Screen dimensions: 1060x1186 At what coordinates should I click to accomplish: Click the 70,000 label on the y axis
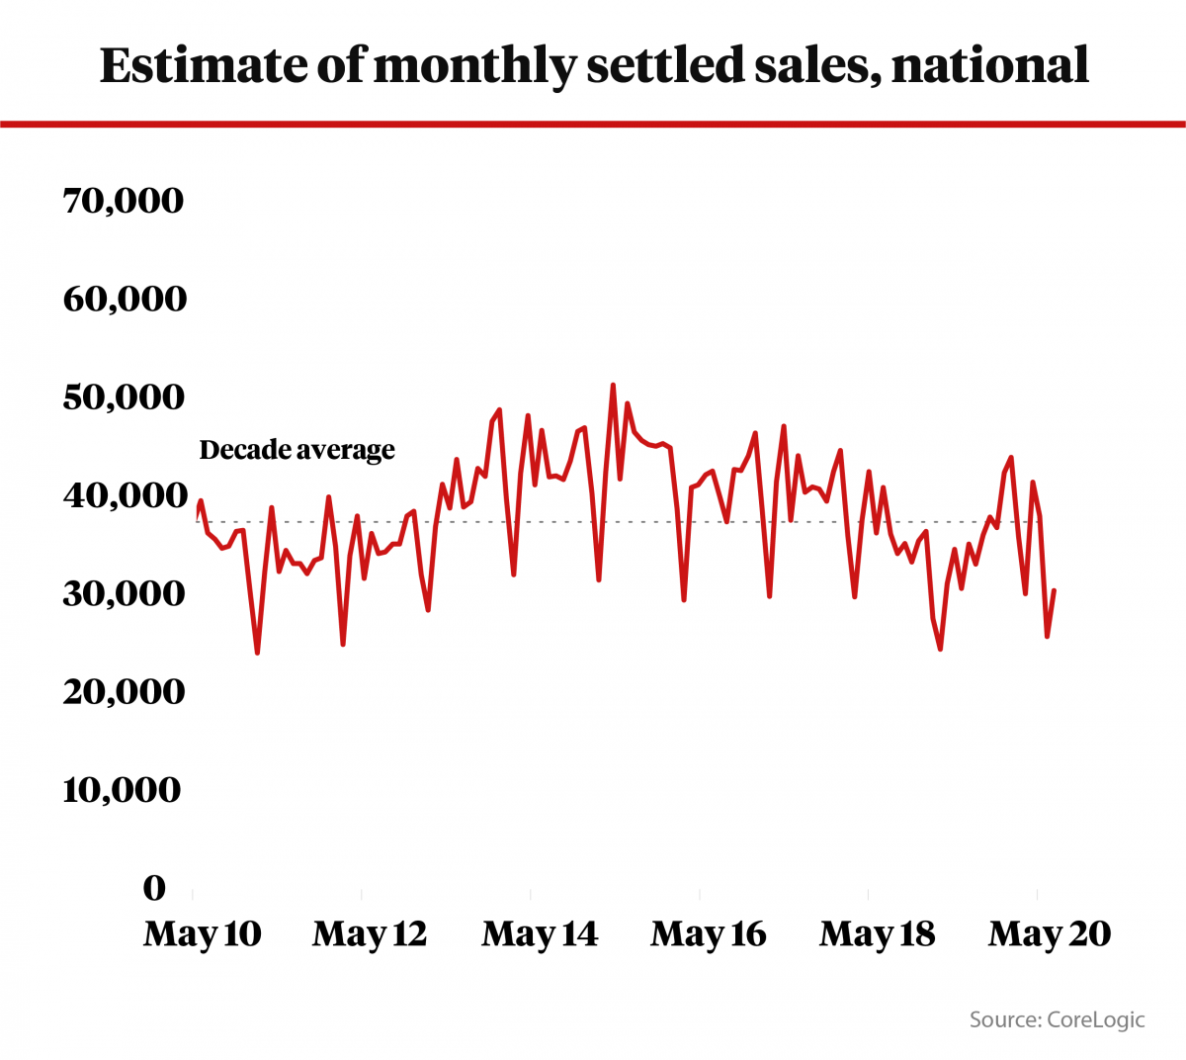pyautogui.click(x=123, y=201)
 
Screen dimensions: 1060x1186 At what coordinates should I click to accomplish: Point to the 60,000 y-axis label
pyautogui.click(x=125, y=299)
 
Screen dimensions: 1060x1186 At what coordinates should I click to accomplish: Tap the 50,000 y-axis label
pyautogui.click(x=124, y=397)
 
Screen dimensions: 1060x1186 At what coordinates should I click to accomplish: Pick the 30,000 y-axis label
pyautogui.click(x=124, y=593)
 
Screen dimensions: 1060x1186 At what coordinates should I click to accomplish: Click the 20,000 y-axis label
pyautogui.click(x=124, y=691)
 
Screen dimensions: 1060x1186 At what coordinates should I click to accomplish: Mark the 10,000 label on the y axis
pyautogui.click(x=123, y=789)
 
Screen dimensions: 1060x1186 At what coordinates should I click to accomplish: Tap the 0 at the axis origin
pyautogui.click(x=154, y=888)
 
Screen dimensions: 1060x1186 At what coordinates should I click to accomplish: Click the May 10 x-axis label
pyautogui.click(x=203, y=933)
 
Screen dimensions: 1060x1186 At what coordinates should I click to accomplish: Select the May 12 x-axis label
pyautogui.click(x=370, y=933)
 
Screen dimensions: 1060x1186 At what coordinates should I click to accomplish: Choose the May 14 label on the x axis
pyautogui.click(x=540, y=933)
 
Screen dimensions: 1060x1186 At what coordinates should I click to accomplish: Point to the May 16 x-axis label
pyautogui.click(x=709, y=933)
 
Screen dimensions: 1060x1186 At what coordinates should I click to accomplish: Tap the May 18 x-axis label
pyautogui.click(x=878, y=933)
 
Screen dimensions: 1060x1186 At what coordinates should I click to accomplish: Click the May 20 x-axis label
pyautogui.click(x=1050, y=933)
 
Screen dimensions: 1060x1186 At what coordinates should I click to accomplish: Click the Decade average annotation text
pyautogui.click(x=296, y=450)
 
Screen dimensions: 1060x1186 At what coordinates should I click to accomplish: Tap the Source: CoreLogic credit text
pyautogui.click(x=1057, y=1019)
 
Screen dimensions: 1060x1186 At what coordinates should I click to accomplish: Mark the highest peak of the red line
pyautogui.click(x=613, y=385)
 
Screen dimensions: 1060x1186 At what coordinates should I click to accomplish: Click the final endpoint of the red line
pyautogui.click(x=1055, y=590)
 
